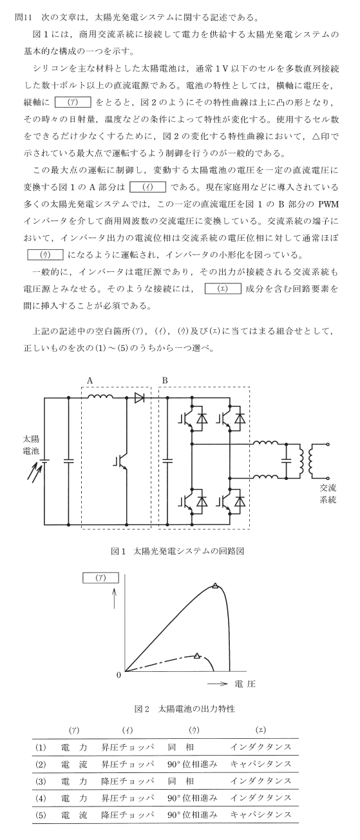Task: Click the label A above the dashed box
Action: click(x=90, y=380)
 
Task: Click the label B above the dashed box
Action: click(x=165, y=380)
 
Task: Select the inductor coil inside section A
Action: click(x=100, y=396)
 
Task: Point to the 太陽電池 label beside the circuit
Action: click(x=31, y=444)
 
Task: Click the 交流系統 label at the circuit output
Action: click(x=328, y=493)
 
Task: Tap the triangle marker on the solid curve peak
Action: click(x=215, y=586)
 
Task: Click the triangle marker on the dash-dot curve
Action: click(x=198, y=655)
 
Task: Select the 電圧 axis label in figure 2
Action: click(x=245, y=683)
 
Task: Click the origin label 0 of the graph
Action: click(x=119, y=675)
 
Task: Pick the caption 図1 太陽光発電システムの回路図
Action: click(x=178, y=551)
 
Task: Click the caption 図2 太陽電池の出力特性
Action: click(x=185, y=709)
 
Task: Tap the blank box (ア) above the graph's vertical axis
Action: click(x=100, y=578)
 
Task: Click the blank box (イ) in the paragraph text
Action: click(x=147, y=187)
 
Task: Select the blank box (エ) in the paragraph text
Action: click(x=223, y=289)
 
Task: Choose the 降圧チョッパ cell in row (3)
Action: click(x=128, y=781)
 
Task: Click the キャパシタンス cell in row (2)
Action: click(x=261, y=764)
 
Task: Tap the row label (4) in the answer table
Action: click(x=40, y=798)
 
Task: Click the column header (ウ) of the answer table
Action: click(x=193, y=730)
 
